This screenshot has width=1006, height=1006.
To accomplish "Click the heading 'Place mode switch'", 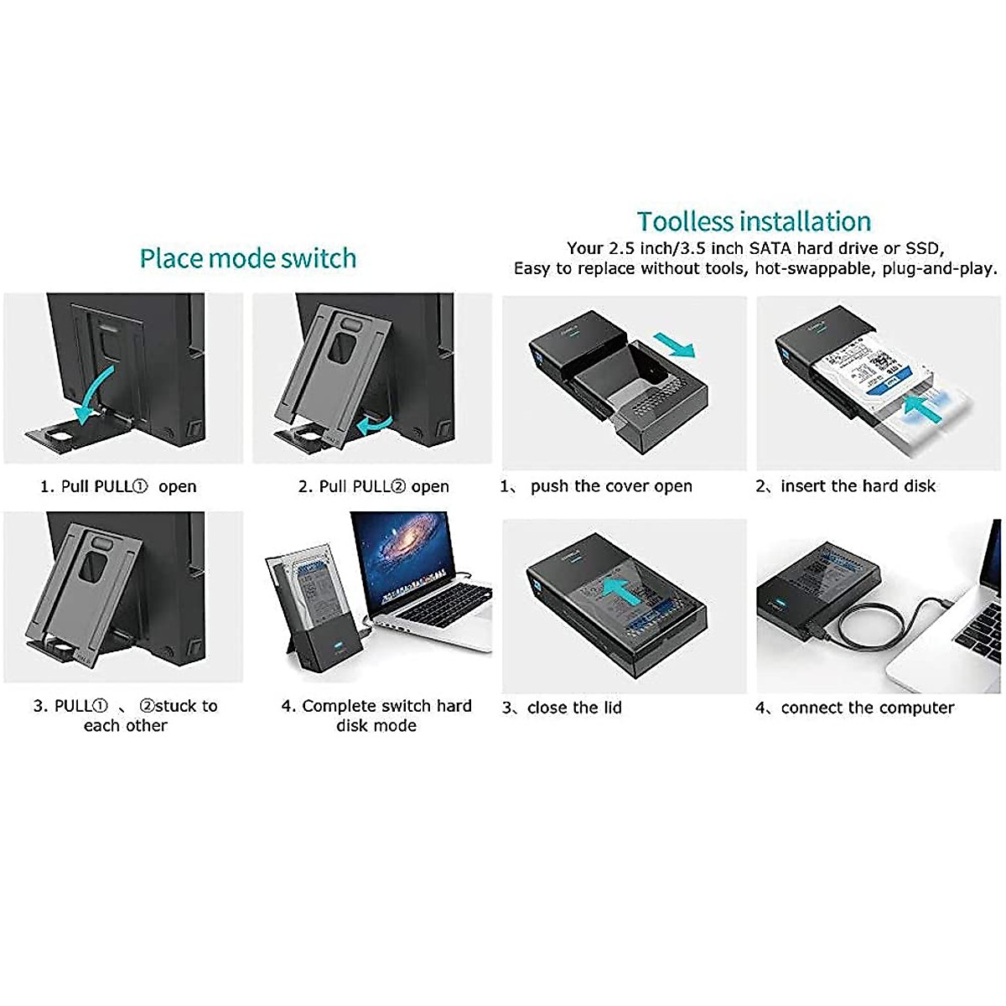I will (x=247, y=258).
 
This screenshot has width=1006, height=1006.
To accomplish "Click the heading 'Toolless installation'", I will (x=754, y=221).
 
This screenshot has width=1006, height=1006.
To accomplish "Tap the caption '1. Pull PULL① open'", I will (x=118, y=487).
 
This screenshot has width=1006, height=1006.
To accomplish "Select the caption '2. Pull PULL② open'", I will (x=374, y=487).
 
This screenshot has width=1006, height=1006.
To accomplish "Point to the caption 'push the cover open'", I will (x=611, y=486).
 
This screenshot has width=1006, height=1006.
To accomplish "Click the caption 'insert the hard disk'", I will (x=858, y=486).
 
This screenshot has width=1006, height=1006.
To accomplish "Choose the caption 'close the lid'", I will (x=574, y=708).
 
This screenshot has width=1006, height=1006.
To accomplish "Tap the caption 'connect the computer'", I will (x=867, y=708).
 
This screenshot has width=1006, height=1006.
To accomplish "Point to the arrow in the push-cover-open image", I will (x=674, y=345).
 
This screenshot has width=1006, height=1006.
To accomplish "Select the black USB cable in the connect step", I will (x=863, y=625).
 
